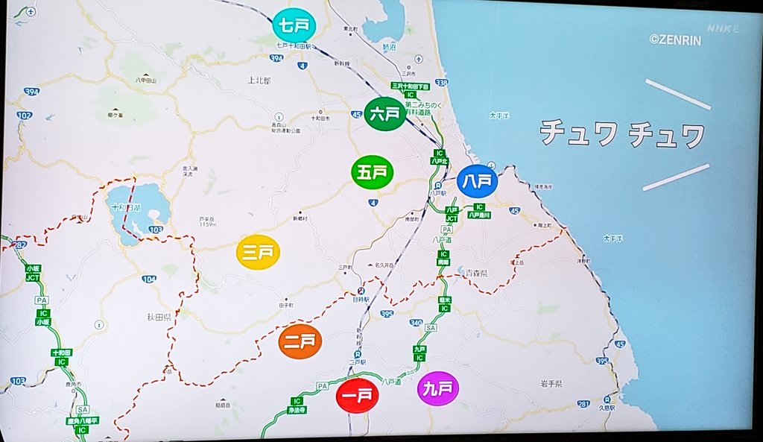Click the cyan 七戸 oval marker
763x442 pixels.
click(294, 26)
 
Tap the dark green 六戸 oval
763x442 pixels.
click(386, 114)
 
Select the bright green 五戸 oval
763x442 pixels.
click(373, 172)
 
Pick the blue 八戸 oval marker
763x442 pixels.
click(477, 180)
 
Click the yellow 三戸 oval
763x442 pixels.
click(259, 252)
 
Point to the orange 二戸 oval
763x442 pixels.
click(300, 342)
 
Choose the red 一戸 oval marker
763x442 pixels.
click(358, 395)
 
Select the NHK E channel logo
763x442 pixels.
click(722, 28)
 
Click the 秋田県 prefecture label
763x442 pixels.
click(159, 317)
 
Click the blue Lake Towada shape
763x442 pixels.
click(138, 209)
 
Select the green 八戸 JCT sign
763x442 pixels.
click(452, 214)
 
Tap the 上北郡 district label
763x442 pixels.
click(260, 78)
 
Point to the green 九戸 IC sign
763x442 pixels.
click(420, 353)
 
